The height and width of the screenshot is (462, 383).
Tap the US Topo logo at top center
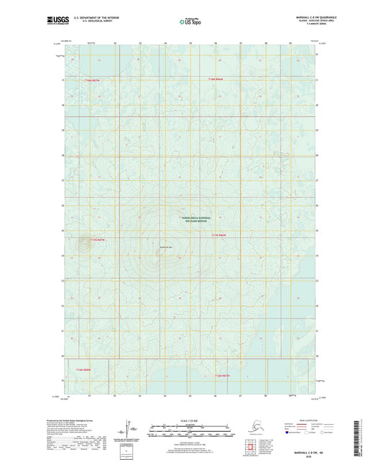(190, 22)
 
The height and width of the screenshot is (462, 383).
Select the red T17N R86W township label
(219, 235)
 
